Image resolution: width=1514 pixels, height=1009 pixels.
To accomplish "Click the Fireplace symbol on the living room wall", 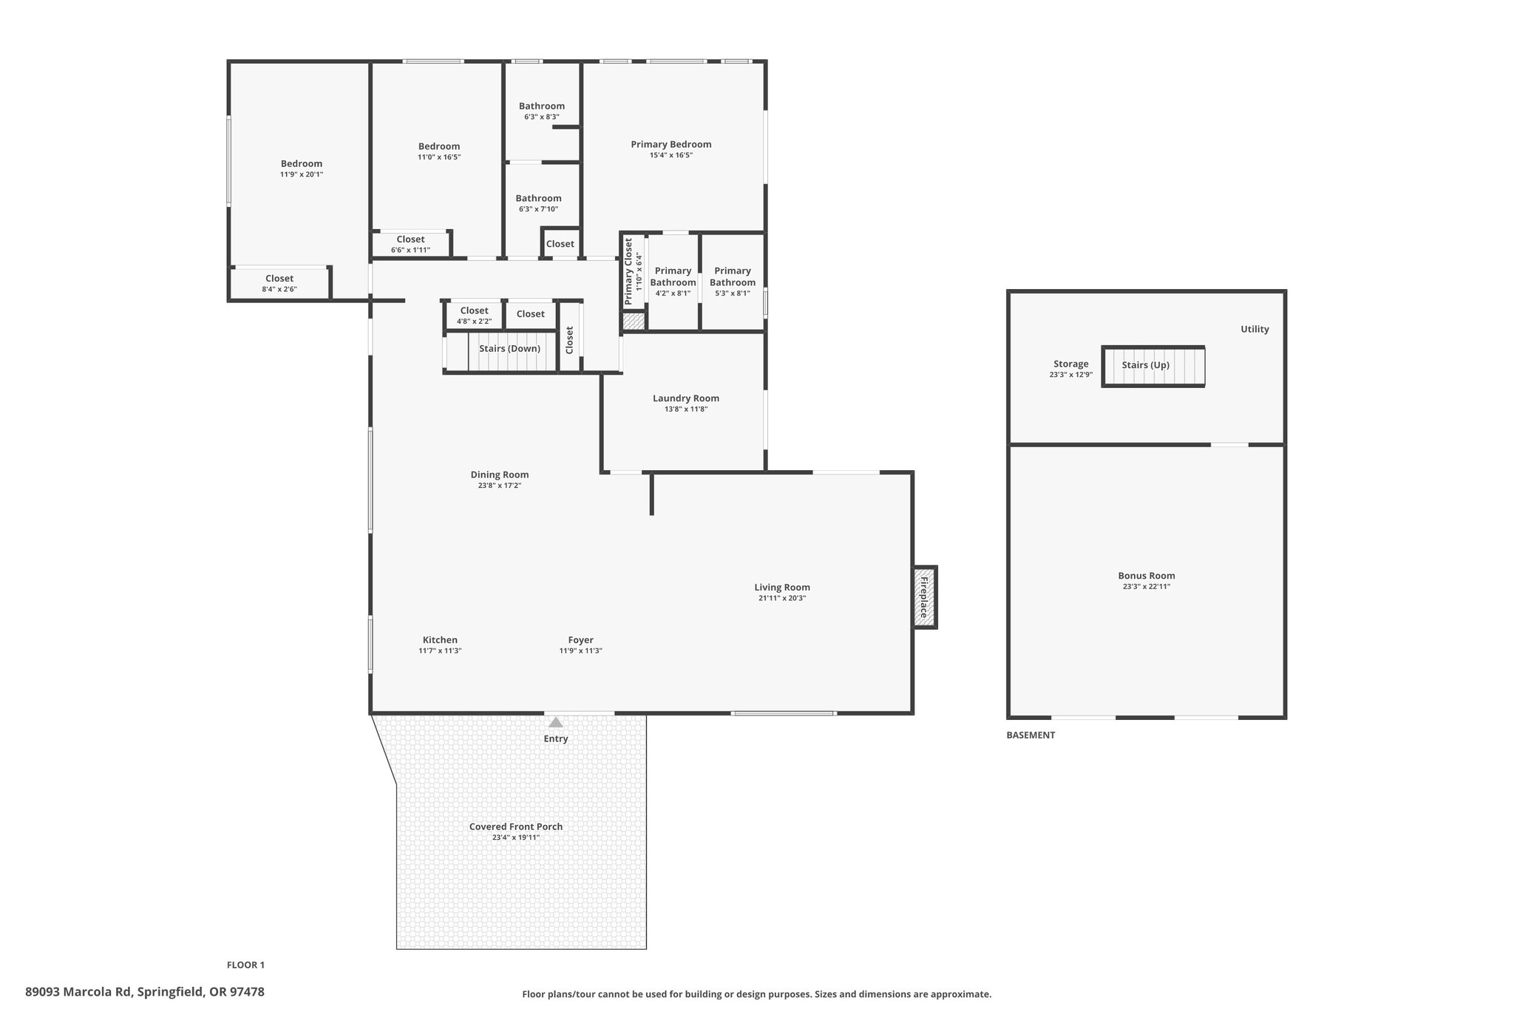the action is click(924, 597).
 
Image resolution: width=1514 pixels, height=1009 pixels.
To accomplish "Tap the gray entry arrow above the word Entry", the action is click(555, 722).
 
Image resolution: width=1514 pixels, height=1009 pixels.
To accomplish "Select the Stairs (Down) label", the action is click(509, 348).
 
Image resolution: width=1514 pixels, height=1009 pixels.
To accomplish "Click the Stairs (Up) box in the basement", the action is click(1153, 366).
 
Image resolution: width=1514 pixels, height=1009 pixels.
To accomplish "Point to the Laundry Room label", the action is click(686, 398).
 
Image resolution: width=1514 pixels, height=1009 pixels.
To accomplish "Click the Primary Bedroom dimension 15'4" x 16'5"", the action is click(671, 155).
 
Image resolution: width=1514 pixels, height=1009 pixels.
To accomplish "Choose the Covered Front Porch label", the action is click(516, 826).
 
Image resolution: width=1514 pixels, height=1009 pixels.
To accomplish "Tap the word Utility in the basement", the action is click(1255, 329).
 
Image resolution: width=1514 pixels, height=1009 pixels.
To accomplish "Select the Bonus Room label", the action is click(1147, 576).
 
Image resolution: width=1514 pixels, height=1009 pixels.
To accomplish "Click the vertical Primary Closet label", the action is click(628, 272).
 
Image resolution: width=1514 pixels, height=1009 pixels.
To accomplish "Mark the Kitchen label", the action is click(440, 640).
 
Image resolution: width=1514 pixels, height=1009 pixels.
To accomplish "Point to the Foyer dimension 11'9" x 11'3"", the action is click(581, 651).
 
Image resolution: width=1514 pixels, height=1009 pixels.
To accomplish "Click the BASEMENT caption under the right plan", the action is click(1031, 735).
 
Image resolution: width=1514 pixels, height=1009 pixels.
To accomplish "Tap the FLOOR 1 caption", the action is click(245, 965).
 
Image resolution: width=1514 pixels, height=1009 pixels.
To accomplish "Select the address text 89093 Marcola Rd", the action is click(79, 992).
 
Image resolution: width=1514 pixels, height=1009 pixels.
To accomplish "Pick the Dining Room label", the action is click(500, 475).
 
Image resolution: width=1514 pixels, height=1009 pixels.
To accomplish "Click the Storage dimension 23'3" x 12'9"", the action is click(1070, 375).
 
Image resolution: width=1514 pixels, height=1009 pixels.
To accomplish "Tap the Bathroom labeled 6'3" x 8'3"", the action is click(542, 111).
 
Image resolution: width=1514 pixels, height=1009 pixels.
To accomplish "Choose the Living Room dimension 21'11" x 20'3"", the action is click(782, 599).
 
